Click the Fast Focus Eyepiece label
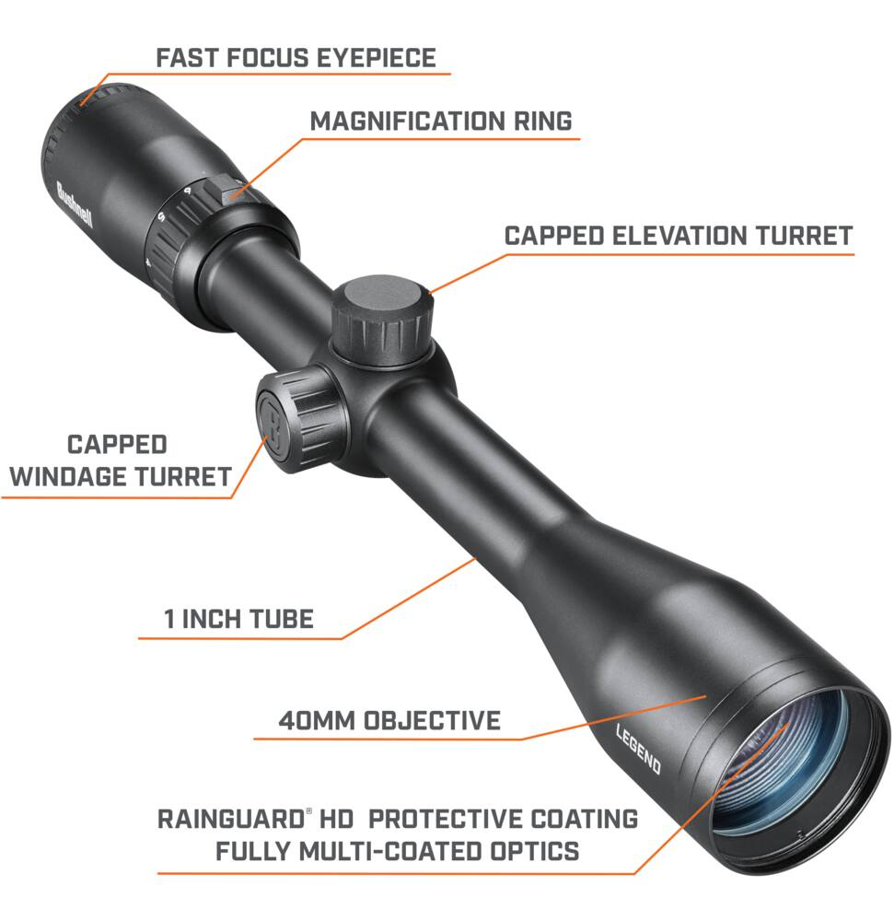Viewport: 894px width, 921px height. tap(296, 58)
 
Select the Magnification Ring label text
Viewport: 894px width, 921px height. tap(441, 122)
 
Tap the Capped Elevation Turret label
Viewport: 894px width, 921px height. tap(678, 236)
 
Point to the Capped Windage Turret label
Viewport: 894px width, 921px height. tap(120, 460)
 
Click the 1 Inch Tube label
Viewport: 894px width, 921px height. tap(238, 619)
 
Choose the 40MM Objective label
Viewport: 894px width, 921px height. tap(389, 721)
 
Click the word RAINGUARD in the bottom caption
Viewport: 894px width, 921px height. tap(231, 820)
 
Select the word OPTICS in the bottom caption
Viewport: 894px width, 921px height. tap(535, 851)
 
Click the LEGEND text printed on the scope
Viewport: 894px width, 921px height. tap(639, 748)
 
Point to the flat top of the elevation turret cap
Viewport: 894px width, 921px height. tap(383, 296)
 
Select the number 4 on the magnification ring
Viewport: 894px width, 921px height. tap(148, 263)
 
